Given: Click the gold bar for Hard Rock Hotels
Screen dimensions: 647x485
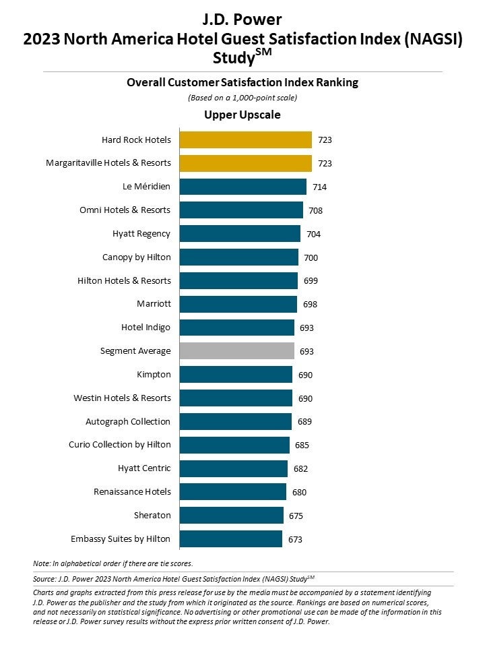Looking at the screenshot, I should [246, 140].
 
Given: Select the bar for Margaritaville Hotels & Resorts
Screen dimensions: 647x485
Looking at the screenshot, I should [246, 163].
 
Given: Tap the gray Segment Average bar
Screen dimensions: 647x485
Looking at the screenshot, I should [237, 350].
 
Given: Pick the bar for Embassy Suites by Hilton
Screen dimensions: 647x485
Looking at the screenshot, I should [231, 538].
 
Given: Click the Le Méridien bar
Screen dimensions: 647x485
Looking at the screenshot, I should [243, 187].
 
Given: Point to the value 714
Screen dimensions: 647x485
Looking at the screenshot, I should [320, 187].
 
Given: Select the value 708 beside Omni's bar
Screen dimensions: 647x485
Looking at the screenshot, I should [315, 210].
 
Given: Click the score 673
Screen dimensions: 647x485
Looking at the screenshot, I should [295, 538].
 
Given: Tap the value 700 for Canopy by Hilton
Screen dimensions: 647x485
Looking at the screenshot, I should [311, 257].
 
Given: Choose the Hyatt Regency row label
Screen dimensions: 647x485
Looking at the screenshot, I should [141, 234].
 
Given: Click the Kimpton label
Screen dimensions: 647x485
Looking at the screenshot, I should [154, 374].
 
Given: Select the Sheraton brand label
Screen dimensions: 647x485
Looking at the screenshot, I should [152, 515].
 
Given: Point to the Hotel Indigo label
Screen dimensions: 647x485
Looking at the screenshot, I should [145, 328].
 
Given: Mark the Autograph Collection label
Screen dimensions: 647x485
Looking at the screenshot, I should [128, 421].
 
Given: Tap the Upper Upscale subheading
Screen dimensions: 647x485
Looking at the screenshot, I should [243, 115].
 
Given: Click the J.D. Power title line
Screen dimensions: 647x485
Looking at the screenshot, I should [243, 19].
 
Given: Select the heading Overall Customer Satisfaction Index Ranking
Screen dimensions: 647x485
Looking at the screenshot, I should [243, 82].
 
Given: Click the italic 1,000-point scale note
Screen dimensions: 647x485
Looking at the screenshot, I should [243, 98].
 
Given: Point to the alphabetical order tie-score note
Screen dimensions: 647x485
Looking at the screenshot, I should [112, 563].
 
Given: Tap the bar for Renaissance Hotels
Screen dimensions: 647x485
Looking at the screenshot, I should [233, 491].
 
